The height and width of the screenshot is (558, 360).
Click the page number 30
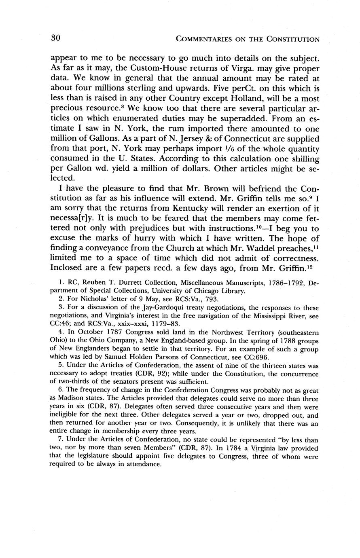click(56, 38)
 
